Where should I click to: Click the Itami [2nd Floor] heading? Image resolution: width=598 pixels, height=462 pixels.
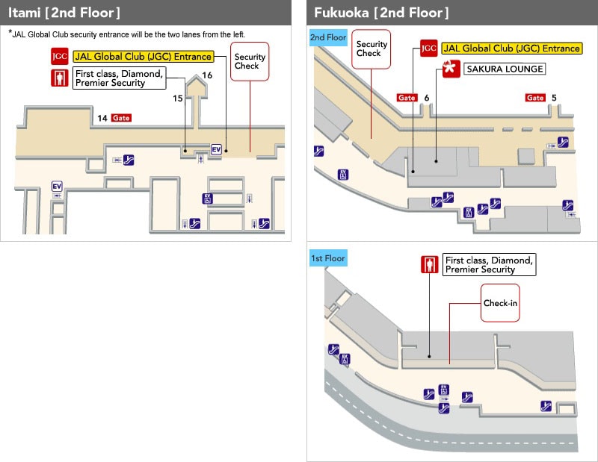(64, 13)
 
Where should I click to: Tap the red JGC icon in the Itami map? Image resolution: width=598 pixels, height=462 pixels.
(59, 57)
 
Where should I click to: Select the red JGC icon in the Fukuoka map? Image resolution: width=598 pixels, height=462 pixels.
(428, 49)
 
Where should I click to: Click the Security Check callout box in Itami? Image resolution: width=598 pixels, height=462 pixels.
(250, 60)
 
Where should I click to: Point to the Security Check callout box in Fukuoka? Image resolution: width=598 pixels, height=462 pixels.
(372, 49)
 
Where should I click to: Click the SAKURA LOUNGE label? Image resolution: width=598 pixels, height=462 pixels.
(505, 69)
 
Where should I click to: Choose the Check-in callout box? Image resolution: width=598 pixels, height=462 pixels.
(500, 303)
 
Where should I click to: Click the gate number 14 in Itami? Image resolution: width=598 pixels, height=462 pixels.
(102, 118)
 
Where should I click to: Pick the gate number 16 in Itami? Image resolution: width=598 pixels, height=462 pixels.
(207, 75)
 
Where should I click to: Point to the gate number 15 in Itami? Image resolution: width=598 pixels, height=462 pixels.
(178, 99)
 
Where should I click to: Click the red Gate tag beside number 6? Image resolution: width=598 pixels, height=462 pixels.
(407, 98)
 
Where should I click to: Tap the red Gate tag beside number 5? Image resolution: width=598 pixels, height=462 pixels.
(535, 98)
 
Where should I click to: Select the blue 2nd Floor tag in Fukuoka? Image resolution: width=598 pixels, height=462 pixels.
(328, 37)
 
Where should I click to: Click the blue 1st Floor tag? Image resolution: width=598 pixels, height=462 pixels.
(327, 258)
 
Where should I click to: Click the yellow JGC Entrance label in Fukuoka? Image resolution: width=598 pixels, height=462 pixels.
(511, 49)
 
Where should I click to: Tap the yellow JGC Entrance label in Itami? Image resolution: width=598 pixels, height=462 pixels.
(143, 57)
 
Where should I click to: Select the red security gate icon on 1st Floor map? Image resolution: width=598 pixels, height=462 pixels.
(428, 265)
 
